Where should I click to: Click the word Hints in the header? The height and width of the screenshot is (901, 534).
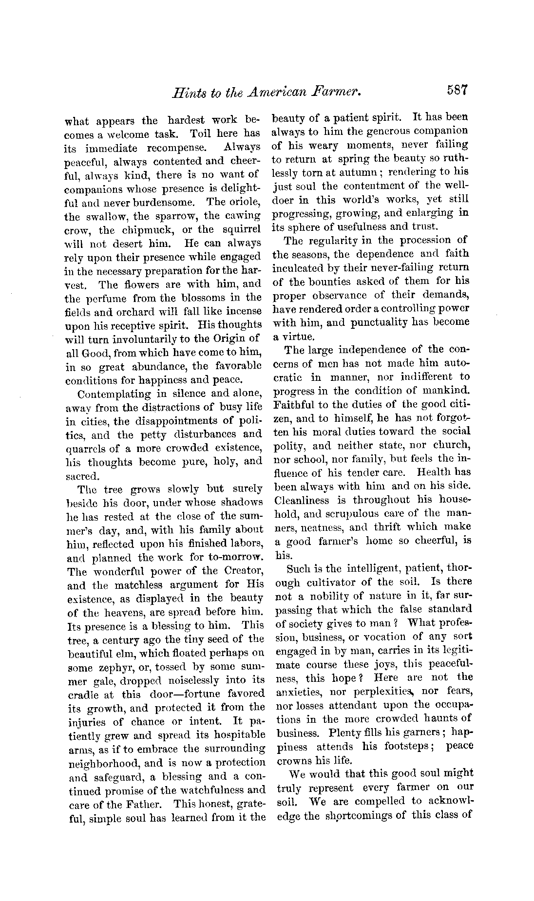[183, 92]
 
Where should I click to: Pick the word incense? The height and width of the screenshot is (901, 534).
[243, 311]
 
